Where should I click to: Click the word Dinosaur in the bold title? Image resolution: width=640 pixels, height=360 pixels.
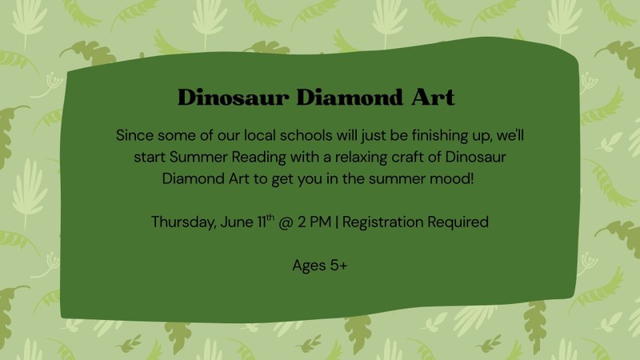click(x=234, y=97)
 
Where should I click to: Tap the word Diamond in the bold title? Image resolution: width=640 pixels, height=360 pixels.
click(x=350, y=97)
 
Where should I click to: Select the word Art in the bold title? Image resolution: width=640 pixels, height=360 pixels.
click(x=433, y=97)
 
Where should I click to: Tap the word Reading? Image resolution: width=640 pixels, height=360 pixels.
click(x=258, y=158)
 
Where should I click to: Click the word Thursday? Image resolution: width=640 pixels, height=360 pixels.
click(x=184, y=222)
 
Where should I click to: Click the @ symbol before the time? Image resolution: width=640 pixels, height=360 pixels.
click(x=286, y=222)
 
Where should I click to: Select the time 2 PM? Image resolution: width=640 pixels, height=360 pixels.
click(x=314, y=222)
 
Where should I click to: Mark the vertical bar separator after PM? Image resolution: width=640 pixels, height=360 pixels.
click(x=336, y=222)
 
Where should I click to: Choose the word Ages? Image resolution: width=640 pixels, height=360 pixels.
click(x=309, y=266)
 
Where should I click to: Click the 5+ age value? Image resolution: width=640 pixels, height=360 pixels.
click(x=338, y=266)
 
